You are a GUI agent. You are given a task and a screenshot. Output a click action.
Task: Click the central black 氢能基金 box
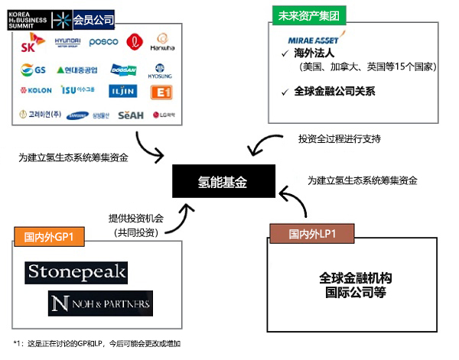[223, 181]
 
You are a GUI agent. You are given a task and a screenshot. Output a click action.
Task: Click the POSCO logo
[103, 42]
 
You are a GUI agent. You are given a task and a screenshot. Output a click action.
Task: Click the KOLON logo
[34, 91]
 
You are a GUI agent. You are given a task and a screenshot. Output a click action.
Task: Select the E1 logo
[161, 91]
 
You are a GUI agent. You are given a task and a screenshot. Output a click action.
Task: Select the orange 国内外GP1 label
[50, 236]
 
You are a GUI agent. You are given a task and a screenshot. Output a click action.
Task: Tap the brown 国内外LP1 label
[314, 232]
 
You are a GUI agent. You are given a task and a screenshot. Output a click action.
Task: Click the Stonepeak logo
[76, 272]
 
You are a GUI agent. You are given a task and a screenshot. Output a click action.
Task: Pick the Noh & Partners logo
[99, 303]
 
